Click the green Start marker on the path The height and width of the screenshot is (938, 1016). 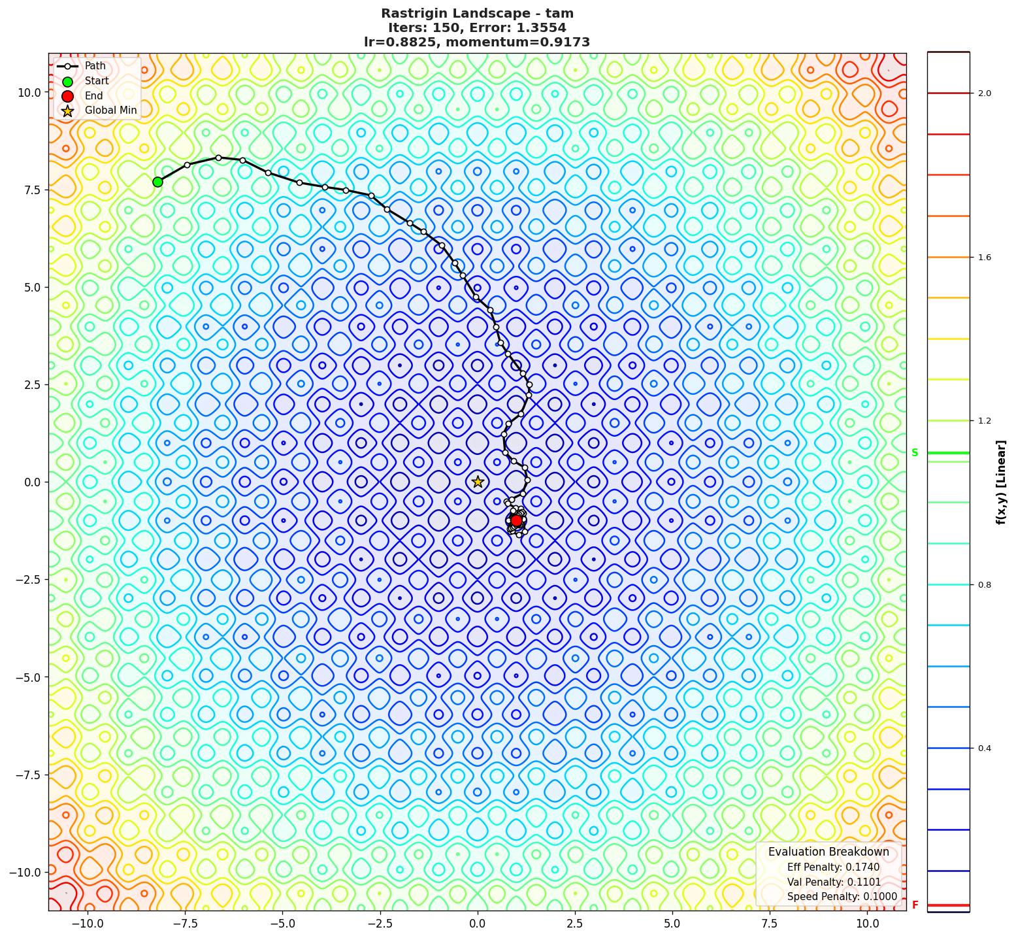point(157,182)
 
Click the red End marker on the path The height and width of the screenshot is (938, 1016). point(516,520)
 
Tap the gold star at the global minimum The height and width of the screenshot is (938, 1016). point(478,482)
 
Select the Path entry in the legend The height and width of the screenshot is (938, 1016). point(95,66)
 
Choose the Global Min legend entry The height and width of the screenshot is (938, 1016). point(110,110)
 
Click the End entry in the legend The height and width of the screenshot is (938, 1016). point(93,95)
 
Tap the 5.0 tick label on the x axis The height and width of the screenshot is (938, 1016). point(672,924)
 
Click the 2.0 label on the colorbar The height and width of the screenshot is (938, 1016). point(984,93)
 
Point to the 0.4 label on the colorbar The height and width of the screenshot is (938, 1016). point(984,748)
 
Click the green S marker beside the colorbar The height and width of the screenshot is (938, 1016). point(915,453)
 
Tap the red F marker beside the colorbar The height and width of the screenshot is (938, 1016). point(915,905)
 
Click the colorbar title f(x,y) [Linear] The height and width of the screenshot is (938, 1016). point(1001,482)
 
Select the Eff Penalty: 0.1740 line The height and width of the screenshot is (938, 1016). point(832,867)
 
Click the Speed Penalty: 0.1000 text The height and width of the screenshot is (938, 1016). point(842,897)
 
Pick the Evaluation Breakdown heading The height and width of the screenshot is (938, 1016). point(828,852)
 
